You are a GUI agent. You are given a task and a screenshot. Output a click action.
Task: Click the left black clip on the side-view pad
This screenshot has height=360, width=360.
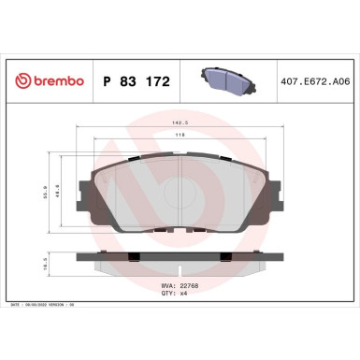pos(135,259)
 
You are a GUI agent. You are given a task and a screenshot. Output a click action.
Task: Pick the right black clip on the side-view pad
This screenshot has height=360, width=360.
pos(225,259)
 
